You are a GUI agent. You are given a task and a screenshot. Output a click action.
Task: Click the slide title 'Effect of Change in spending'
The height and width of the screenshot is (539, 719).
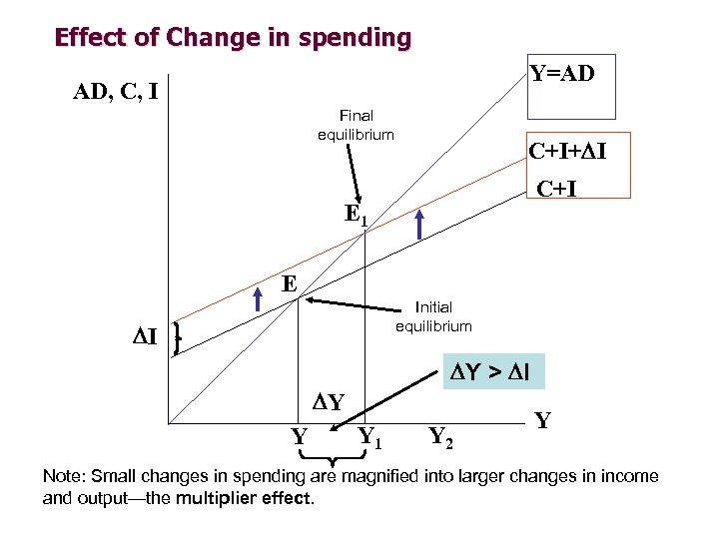[x=233, y=39]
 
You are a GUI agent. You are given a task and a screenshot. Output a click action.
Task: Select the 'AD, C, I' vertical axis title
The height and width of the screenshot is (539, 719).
[x=116, y=93]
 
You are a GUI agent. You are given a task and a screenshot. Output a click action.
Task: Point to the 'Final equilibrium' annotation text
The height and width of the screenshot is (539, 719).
[x=356, y=126]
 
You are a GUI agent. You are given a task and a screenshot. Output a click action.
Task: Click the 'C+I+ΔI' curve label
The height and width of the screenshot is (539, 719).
[x=568, y=152]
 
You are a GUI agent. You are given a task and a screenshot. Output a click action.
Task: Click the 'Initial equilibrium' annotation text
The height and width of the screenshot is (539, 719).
[x=433, y=316]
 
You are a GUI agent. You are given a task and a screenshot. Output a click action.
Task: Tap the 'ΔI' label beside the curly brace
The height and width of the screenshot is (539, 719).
[x=146, y=336]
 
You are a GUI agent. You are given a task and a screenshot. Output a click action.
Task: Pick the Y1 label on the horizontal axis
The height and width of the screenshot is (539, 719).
[x=369, y=436]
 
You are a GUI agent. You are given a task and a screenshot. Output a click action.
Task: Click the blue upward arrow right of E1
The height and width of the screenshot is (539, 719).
[x=420, y=223]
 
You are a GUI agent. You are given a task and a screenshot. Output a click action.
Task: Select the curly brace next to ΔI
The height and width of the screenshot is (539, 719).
[x=177, y=337]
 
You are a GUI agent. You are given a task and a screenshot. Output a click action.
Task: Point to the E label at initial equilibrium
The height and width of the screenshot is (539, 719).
[x=290, y=283]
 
